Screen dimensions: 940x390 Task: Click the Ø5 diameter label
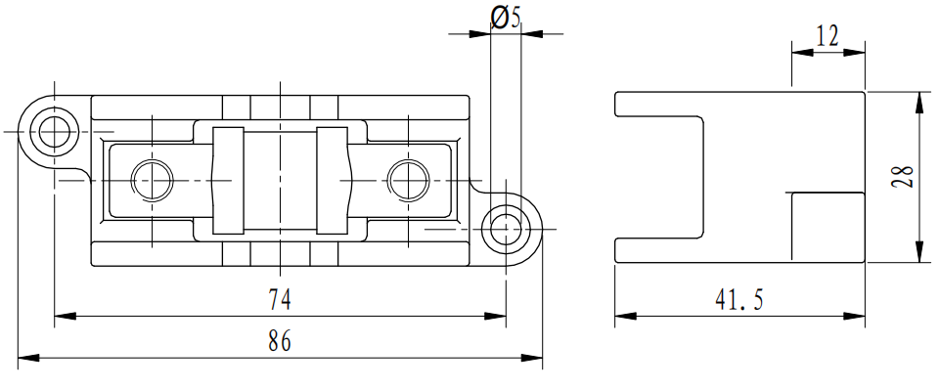[x=506, y=18]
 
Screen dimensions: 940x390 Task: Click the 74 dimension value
[x=280, y=299]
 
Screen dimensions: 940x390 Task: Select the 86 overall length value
[x=280, y=341]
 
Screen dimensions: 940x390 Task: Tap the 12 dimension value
[x=828, y=36]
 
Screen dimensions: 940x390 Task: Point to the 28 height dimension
[x=903, y=177]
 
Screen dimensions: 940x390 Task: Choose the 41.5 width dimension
[x=739, y=299]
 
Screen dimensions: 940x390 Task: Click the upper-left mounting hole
[x=55, y=131]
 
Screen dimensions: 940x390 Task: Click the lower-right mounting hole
[x=506, y=229]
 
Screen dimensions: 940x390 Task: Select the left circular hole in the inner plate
[x=153, y=180]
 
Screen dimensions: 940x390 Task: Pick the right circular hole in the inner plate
[x=408, y=180]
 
